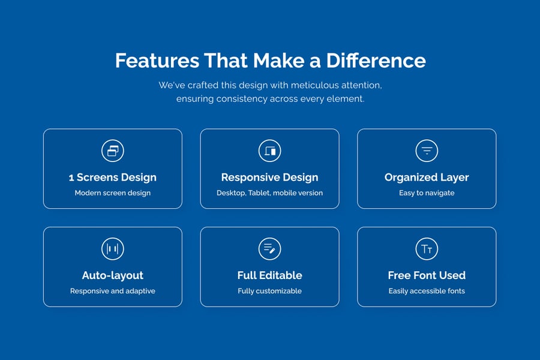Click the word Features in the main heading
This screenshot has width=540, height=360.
157,61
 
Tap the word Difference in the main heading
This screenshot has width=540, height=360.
376,61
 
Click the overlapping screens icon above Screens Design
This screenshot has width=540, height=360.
113,151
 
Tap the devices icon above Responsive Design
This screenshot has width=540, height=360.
269,151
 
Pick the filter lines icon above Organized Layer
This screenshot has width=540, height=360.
427,151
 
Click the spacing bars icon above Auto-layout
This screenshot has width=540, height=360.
113,249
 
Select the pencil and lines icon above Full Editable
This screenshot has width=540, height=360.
269,249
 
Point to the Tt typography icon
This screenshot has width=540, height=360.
427,249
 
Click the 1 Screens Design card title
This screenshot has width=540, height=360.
113,178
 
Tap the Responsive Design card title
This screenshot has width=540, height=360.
269,178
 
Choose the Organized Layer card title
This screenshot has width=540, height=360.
427,178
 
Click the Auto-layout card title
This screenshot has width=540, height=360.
113,275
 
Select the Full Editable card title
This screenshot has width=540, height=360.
269,275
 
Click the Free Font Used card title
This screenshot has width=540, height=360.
427,275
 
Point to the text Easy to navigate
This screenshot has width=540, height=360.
427,193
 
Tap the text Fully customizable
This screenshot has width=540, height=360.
269,291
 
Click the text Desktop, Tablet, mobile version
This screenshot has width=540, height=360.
269,193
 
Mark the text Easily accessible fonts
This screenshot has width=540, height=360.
427,291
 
